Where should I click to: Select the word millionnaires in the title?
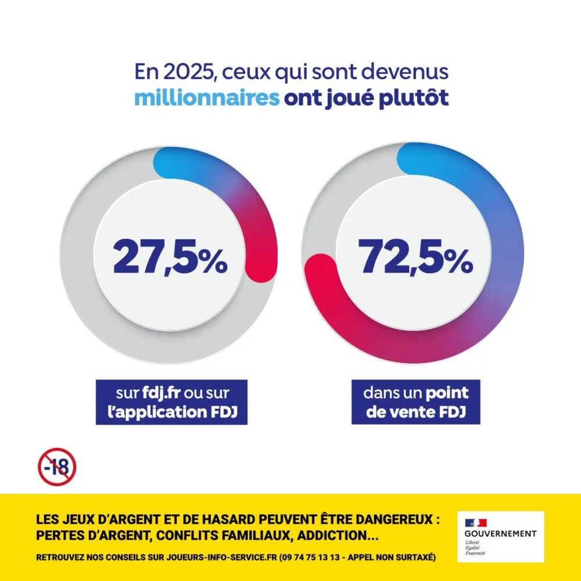click(207, 98)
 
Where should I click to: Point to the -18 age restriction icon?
click(57, 466)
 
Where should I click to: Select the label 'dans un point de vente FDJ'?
click(415, 402)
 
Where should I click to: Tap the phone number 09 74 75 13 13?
click(311, 557)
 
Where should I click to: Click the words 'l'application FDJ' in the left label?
click(171, 412)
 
